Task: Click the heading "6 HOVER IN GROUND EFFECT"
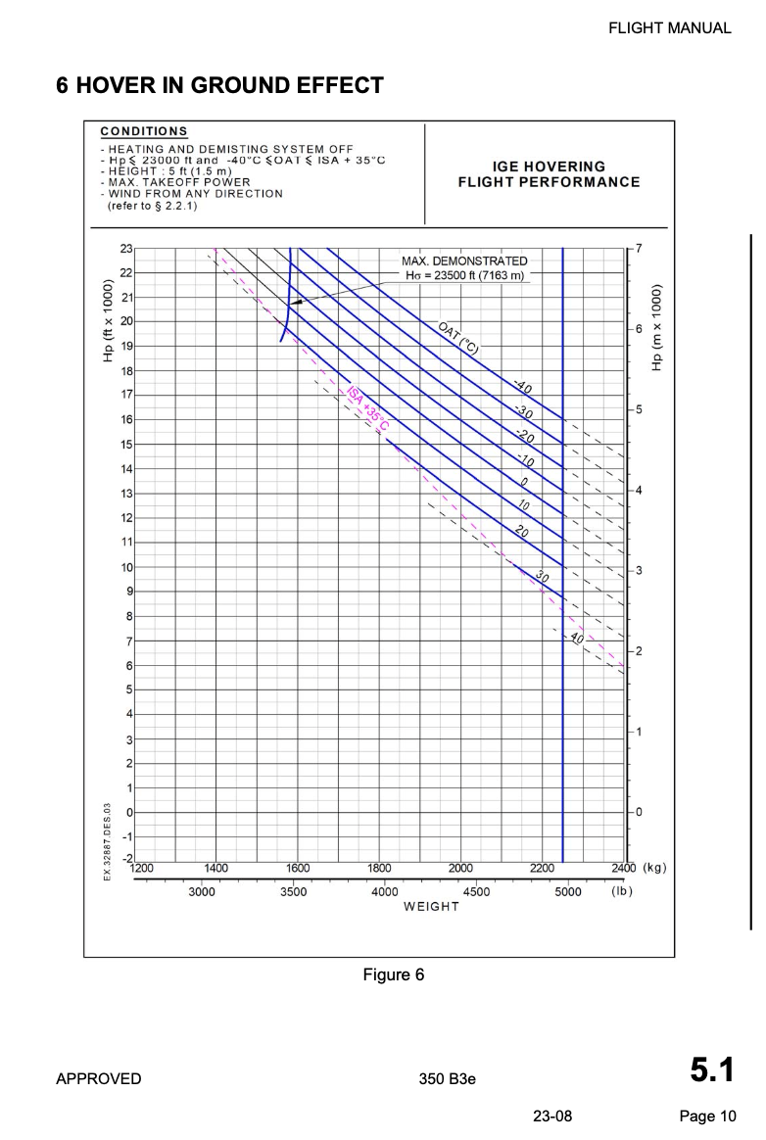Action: pos(219,85)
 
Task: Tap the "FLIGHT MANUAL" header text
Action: pos(669,27)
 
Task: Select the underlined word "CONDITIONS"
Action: pos(144,131)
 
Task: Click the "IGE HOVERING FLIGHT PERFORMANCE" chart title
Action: pos(549,174)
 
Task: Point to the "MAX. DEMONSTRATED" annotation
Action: pos(464,261)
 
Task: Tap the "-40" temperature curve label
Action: pos(522,388)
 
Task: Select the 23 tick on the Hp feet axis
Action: pos(126,248)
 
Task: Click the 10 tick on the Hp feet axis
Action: pos(126,567)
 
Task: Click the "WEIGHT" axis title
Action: pos(431,906)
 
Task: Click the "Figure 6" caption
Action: pos(393,974)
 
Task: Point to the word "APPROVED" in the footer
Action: pos(98,1079)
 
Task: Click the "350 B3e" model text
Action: pos(446,1079)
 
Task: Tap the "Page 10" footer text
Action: pos(707,1116)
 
